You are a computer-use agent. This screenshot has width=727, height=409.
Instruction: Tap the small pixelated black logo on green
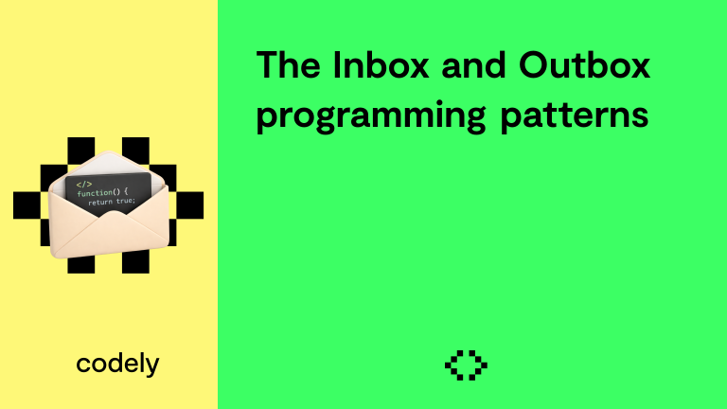pyautogui.click(x=466, y=365)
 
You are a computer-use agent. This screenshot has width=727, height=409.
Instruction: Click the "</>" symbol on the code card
pyautogui.click(x=84, y=184)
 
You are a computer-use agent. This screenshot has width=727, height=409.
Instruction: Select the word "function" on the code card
pyautogui.click(x=94, y=193)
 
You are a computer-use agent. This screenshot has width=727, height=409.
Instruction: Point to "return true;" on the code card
pyautogui.click(x=113, y=202)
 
